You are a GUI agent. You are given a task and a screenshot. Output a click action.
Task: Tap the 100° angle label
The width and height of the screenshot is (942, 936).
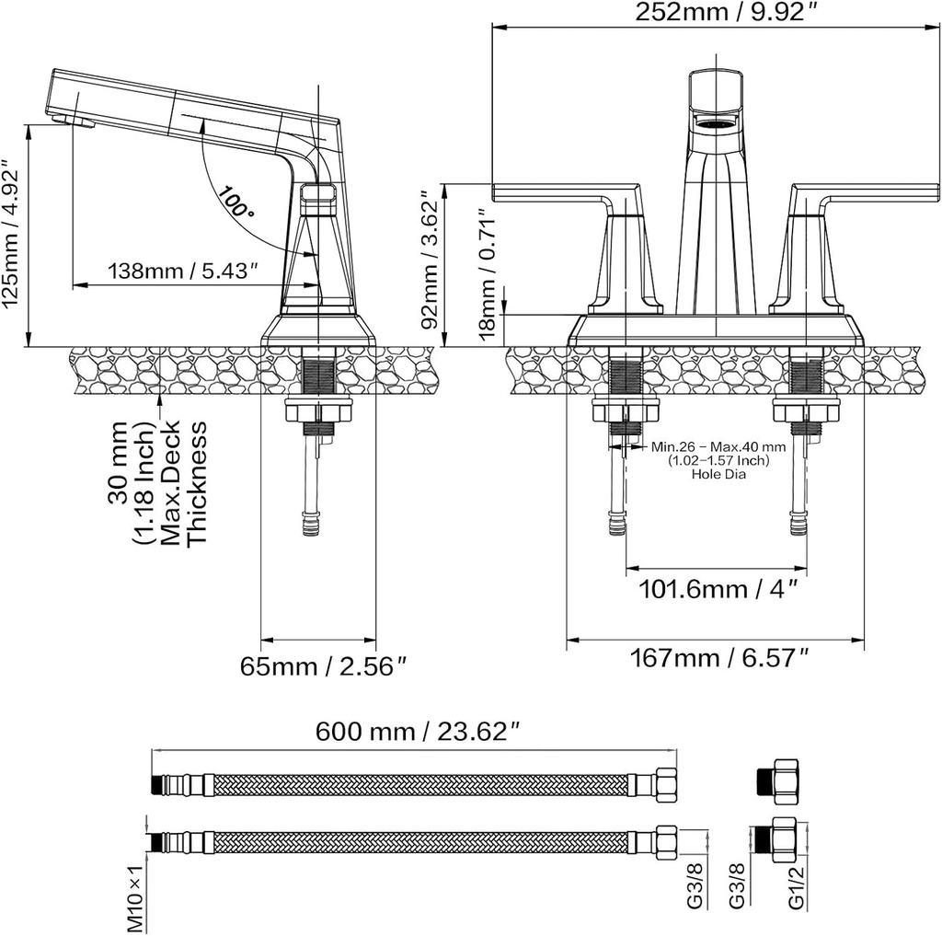pos(235,202)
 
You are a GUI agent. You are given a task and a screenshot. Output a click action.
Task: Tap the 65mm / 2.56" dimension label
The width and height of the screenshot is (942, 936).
pos(324,666)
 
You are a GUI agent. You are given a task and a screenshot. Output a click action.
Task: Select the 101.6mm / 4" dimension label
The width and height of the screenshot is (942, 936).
pos(717,589)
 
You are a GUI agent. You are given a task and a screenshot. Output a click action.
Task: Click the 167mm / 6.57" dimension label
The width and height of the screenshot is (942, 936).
pos(719,658)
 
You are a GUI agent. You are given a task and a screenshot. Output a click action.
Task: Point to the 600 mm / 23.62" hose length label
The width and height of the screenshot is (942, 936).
pos(418,732)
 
